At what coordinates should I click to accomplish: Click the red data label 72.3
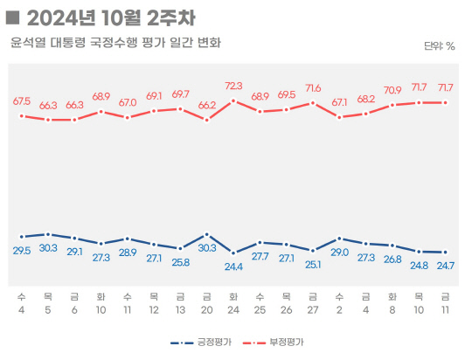point(233,86)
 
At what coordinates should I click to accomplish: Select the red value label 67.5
point(22,101)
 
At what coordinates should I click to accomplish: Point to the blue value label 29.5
point(22,251)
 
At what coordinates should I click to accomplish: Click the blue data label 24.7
point(446,265)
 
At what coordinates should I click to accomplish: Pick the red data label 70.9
point(392,90)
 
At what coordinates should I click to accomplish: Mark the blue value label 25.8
point(180,261)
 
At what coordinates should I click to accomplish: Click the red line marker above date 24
point(233,100)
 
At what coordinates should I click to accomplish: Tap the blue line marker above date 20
point(207,234)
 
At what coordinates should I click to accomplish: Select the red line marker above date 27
point(313,102)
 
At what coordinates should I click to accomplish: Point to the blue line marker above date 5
point(48,234)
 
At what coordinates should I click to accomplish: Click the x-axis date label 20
point(207,310)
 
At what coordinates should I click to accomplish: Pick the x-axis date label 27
point(313,310)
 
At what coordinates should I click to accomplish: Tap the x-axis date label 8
point(392,310)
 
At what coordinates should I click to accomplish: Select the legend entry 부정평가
point(285,343)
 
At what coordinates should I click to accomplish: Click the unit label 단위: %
point(439,46)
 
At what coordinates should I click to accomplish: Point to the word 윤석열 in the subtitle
point(28,42)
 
